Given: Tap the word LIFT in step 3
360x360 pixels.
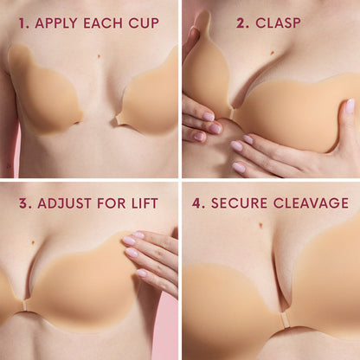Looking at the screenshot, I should tap(143, 203).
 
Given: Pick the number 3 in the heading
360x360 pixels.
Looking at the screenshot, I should tap(24, 203).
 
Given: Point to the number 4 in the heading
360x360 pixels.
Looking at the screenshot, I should tap(197, 203).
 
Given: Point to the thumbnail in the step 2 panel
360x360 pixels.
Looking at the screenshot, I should tap(193, 35).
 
